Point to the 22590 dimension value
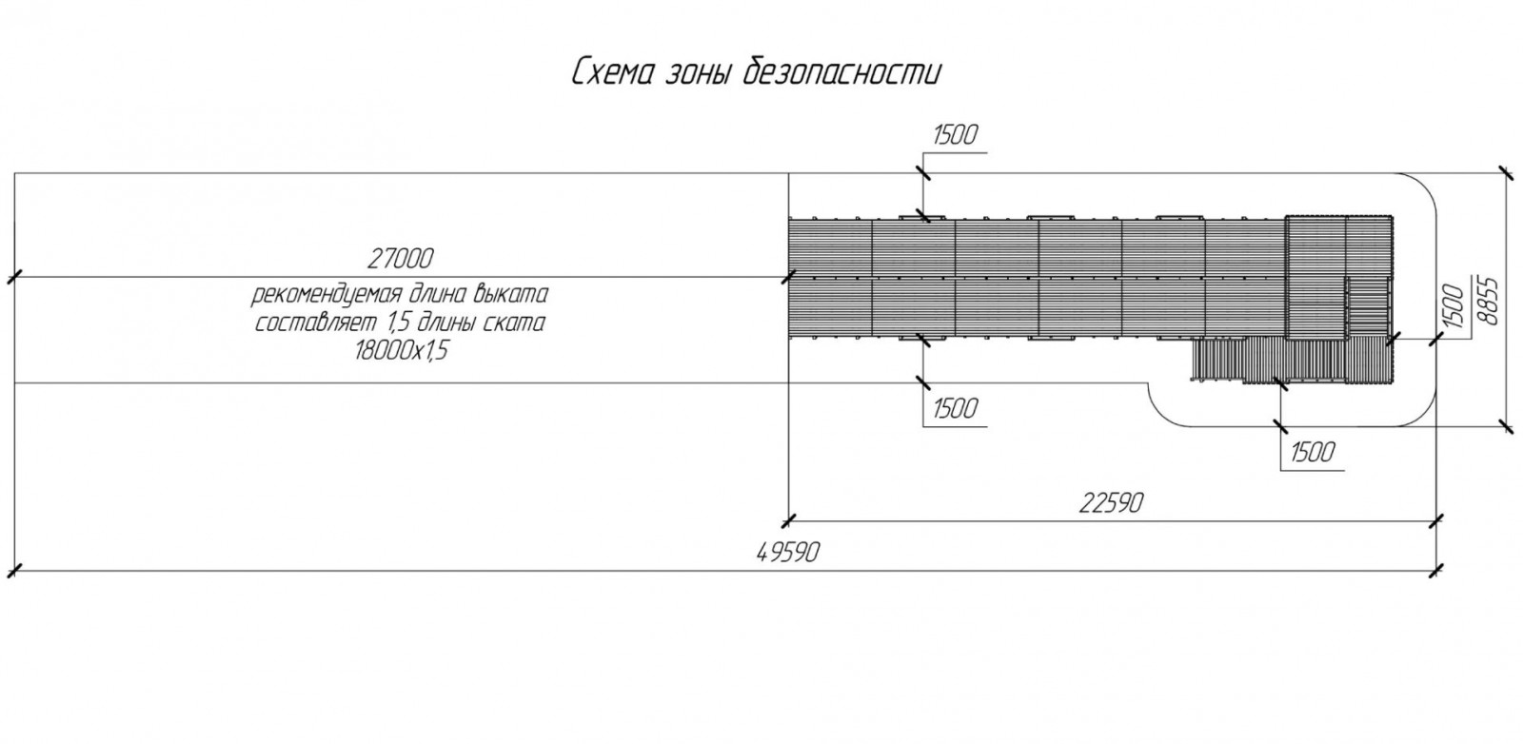coord(1111,502)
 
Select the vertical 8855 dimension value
coord(1489,301)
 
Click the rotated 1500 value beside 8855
coord(1454,307)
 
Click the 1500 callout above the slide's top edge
coord(955,136)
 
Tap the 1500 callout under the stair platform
coord(1313,453)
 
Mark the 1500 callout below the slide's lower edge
coord(955,408)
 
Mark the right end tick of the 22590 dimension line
coord(1436,520)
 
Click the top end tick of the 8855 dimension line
coord(1505,173)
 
